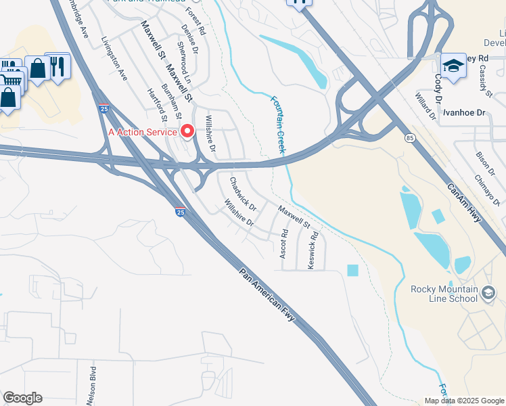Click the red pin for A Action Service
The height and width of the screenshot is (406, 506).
tap(189, 131)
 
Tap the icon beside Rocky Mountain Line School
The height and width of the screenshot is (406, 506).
tap(490, 292)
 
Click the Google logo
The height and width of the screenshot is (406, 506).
tap(22, 398)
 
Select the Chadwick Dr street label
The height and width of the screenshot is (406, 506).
tap(242, 194)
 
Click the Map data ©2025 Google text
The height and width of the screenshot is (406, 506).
tap(465, 401)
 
